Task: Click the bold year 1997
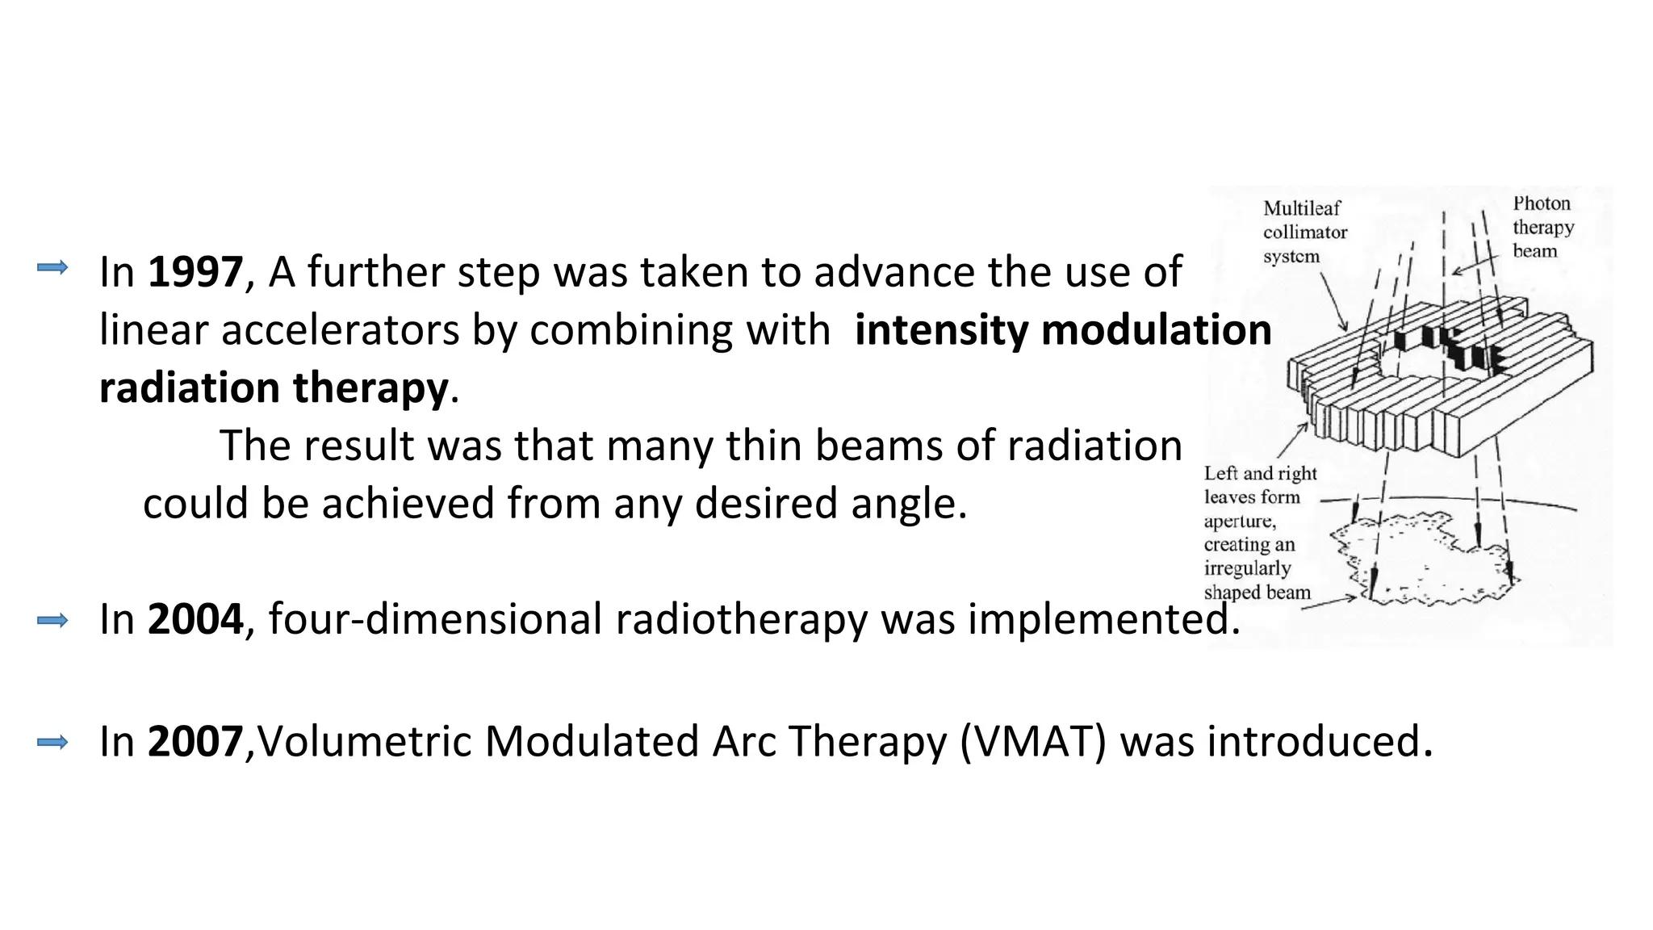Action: (195, 272)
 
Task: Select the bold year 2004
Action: (195, 619)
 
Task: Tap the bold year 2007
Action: (195, 741)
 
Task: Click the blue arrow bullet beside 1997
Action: (52, 267)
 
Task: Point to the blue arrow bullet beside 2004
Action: (52, 620)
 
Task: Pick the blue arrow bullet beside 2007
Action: (52, 742)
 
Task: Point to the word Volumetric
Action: (364, 741)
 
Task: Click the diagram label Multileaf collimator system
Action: (1304, 232)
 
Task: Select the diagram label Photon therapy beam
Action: (1542, 227)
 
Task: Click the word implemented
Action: (1103, 619)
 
